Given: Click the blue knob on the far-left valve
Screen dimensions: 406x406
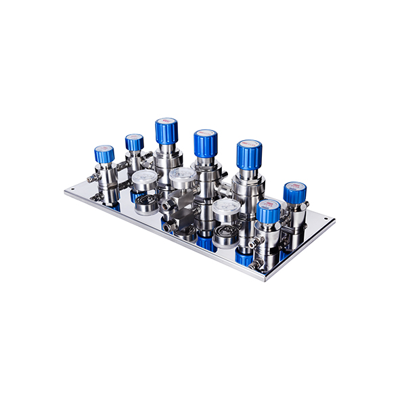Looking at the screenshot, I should click(104, 154).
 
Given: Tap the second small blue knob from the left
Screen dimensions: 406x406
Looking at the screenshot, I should click(134, 143).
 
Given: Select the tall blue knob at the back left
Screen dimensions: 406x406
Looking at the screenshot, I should click(166, 131).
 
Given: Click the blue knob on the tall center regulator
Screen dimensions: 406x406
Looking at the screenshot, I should click(205, 143).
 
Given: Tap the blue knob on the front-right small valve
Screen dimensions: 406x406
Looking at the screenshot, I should click(268, 212).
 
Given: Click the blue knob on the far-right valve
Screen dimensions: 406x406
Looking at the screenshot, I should click(294, 193).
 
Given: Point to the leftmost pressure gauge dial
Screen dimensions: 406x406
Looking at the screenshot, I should click(144, 181).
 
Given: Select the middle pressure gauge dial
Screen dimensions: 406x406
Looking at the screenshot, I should click(182, 178).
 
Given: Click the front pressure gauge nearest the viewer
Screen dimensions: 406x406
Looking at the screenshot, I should click(225, 210).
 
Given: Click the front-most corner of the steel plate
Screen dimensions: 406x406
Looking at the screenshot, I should click(265, 278).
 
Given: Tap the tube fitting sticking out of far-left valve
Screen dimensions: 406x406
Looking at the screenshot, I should click(92, 179).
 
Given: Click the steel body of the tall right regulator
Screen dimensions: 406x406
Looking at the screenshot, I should click(248, 186).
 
